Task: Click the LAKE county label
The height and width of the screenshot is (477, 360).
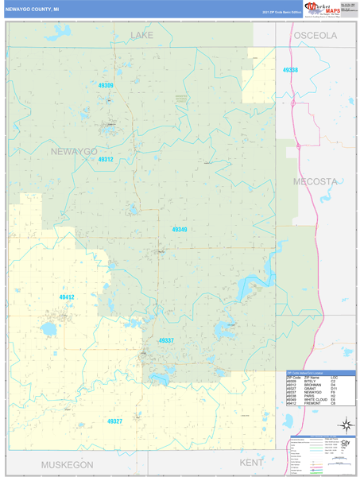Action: click(141, 36)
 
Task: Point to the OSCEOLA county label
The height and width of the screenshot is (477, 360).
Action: click(315, 36)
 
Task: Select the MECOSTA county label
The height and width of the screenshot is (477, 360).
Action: click(315, 181)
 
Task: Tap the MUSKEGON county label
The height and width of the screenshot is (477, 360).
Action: click(56, 463)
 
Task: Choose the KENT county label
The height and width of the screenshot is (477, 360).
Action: click(250, 462)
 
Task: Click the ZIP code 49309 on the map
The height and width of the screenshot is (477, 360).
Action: click(106, 85)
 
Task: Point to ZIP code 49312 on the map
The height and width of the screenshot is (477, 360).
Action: click(106, 159)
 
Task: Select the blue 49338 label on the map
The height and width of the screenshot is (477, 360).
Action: click(290, 70)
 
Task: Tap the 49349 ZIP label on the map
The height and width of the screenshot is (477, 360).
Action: click(180, 229)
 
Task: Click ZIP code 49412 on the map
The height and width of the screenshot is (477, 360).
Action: click(67, 297)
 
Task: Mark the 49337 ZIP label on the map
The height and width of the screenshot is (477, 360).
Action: click(166, 340)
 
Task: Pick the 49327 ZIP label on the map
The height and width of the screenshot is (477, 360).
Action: click(114, 421)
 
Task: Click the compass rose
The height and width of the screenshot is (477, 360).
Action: click(346, 425)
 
